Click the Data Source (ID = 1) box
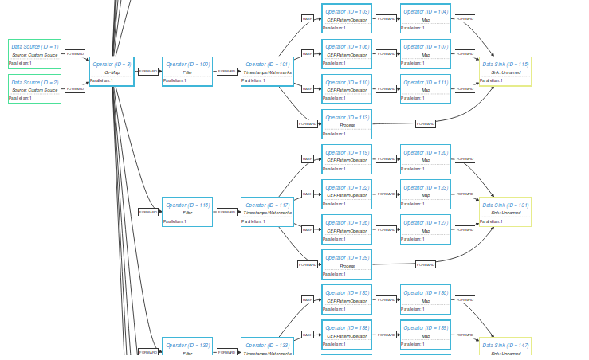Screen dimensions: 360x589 tap(34, 53)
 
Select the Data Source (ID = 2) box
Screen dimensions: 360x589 tap(34, 88)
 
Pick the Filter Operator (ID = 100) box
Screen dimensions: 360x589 tap(187, 71)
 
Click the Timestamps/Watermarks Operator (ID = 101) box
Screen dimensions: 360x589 tap(268, 71)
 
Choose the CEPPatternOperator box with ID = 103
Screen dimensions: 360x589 tap(347, 18)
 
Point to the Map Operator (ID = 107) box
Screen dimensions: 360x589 tap(425, 53)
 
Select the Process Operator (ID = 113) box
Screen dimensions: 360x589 tap(347, 123)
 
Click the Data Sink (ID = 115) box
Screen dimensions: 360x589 tap(505, 71)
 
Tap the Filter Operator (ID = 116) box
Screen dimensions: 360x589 tap(187, 211)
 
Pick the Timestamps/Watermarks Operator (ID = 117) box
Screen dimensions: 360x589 tap(268, 211)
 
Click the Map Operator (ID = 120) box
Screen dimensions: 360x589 tap(425, 158)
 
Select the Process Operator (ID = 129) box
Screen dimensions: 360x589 tap(347, 264)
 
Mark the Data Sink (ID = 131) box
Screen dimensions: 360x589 tap(505, 211)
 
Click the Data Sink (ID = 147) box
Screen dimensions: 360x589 tap(505, 348)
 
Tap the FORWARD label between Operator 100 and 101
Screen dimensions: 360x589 tap(227, 71)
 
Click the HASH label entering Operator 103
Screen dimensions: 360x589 tap(307, 18)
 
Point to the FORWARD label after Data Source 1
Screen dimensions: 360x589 tap(74, 53)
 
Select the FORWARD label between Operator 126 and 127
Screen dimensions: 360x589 tap(386, 229)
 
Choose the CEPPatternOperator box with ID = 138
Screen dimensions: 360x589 tap(347, 334)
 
